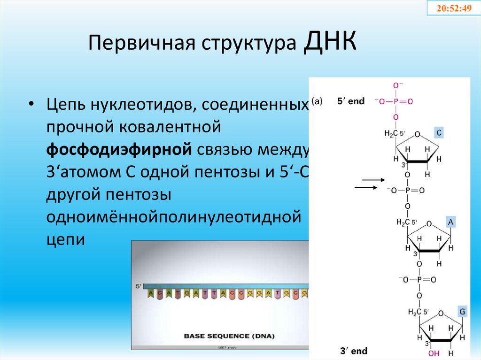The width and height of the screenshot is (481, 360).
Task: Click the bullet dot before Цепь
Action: coord(31,104)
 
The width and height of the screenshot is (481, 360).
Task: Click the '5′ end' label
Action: coord(351,101)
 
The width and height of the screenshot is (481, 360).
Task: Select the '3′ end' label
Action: coord(354,351)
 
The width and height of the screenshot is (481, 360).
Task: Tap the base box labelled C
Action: coord(438,133)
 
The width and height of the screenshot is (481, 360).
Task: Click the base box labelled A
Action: coord(450,222)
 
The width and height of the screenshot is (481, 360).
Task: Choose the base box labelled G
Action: coord(462,312)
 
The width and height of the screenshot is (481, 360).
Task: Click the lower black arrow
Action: coord(365,188)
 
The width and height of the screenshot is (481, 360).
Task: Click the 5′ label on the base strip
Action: coord(138,285)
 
